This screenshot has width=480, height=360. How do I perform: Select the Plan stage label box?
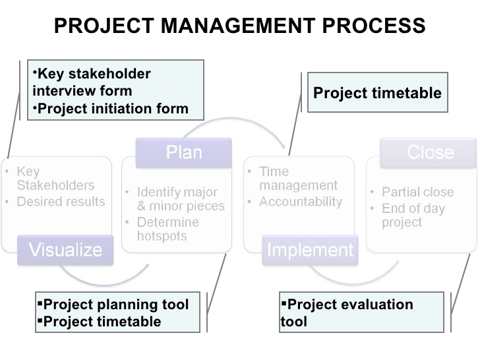pyautogui.click(x=184, y=153)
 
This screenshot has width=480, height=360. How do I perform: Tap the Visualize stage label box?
pyautogui.click(x=65, y=250)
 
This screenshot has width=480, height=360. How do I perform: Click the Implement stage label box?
pyautogui.click(x=310, y=250)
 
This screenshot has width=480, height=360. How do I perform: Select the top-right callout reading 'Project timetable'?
pyautogui.click(x=378, y=93)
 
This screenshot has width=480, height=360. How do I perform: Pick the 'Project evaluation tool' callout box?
pyautogui.click(x=361, y=313)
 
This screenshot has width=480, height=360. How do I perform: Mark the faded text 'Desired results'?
pyautogui.click(x=61, y=202)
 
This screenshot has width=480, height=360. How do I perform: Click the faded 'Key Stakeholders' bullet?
pyautogui.click(x=55, y=178)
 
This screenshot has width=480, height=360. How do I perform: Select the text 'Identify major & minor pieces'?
pyautogui.click(x=180, y=199)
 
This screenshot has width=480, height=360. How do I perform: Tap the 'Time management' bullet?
pyautogui.click(x=297, y=178)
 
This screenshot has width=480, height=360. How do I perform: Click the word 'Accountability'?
pyautogui.click(x=301, y=202)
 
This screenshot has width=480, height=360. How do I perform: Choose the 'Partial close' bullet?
pyautogui.click(x=417, y=192)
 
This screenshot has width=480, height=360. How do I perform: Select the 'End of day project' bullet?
pyautogui.click(x=413, y=215)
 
